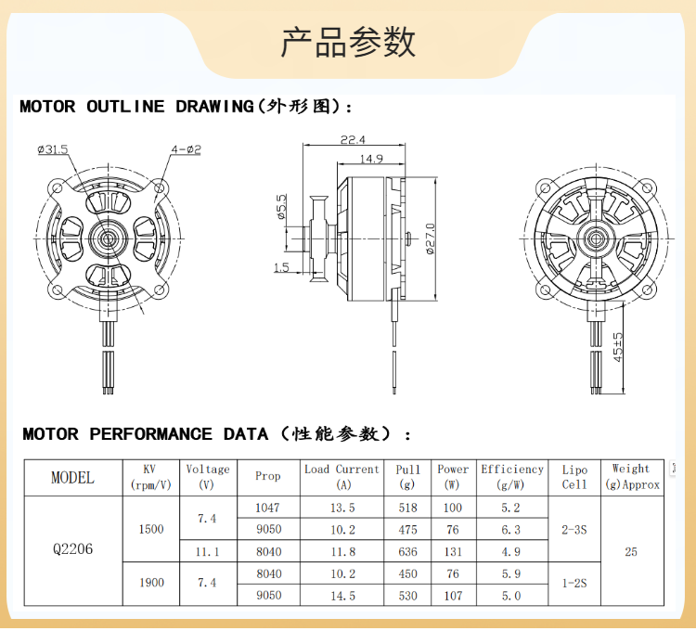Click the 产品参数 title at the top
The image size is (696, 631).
point(348,42)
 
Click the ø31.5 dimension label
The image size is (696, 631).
point(54,148)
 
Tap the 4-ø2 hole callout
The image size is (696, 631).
point(186,148)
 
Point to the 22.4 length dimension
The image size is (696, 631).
point(353,140)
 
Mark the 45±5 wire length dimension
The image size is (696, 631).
point(618,347)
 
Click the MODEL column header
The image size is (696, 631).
point(72,478)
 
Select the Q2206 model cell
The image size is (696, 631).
point(72,549)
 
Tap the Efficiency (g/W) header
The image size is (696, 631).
point(512,477)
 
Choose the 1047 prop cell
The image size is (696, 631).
point(267,509)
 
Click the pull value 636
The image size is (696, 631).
point(407,551)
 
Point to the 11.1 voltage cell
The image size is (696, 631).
point(207,551)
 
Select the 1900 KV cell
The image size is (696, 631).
point(151,583)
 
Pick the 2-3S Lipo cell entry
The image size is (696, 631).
point(574,529)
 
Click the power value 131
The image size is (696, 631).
point(453,551)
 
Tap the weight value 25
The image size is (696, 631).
point(631,551)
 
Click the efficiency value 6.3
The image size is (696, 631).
point(511,530)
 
